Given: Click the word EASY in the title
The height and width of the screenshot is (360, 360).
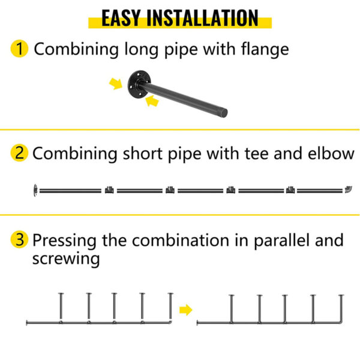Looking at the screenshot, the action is (121, 18).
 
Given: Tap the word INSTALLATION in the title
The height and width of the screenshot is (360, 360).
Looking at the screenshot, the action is (203, 18).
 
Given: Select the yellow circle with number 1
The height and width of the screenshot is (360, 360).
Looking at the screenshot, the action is (19, 49).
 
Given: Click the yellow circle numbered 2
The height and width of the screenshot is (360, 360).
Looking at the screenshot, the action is (19, 152).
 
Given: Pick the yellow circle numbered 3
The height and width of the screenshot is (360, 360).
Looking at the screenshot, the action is (19, 239).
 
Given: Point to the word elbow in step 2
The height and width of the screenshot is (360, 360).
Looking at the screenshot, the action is (331, 153).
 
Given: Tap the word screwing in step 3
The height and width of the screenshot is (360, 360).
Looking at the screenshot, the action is (66, 259).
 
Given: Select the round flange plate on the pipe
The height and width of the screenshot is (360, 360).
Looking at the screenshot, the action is (139, 84).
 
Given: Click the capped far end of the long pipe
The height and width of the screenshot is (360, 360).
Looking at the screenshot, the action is (224, 113).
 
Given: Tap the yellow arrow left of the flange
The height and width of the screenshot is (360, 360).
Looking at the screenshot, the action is (116, 83).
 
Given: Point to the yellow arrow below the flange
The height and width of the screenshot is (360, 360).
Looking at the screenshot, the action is (152, 101).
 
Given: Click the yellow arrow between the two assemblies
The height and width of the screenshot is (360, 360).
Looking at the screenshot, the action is (185, 310).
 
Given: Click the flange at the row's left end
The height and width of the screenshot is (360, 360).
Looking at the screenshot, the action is (35, 190).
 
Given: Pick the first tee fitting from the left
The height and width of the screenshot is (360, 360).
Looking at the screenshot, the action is (109, 190).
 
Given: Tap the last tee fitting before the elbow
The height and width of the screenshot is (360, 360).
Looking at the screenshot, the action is (290, 190).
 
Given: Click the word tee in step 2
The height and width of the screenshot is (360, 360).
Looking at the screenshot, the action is (256, 153).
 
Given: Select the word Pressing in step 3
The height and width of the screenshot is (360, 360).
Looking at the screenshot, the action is (65, 241).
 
